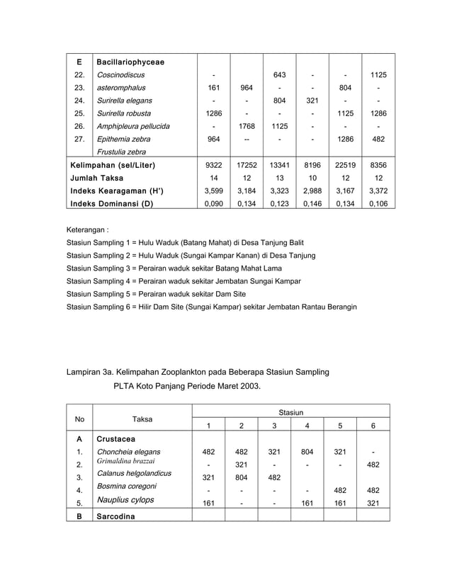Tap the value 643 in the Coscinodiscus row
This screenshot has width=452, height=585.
click(279, 75)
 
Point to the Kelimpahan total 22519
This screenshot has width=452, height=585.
click(345, 165)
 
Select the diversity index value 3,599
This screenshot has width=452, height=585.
click(213, 191)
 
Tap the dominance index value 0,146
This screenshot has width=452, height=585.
click(312, 203)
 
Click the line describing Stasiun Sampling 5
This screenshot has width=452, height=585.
click(156, 294)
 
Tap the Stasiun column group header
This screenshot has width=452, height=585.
click(290, 411)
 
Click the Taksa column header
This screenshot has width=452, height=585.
click(142, 419)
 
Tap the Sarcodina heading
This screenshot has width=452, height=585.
click(119, 516)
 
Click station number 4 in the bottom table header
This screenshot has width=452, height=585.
click(307, 426)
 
